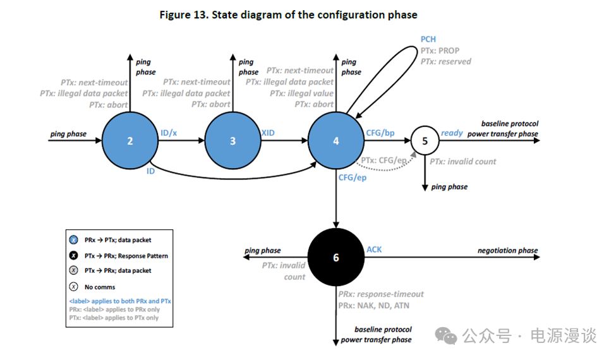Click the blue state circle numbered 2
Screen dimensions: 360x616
(x=130, y=141)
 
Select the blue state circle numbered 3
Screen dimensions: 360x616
(x=233, y=141)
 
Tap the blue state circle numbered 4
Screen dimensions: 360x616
(x=335, y=141)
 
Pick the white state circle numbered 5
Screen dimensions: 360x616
(x=425, y=141)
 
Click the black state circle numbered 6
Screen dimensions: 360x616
(x=335, y=257)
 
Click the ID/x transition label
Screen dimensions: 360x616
(x=169, y=133)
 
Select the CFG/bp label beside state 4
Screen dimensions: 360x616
(x=380, y=133)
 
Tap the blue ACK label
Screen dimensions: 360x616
(x=374, y=250)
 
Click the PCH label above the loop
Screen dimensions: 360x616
(x=428, y=39)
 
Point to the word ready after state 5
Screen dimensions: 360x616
(x=452, y=133)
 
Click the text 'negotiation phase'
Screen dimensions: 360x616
(x=507, y=251)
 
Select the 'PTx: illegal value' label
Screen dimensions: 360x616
(x=301, y=93)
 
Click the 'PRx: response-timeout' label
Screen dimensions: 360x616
(x=381, y=294)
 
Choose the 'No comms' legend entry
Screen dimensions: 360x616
(x=100, y=287)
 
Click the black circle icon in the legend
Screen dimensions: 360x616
(x=75, y=256)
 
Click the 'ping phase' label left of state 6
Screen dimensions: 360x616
(x=262, y=251)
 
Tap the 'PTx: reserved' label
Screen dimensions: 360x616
(x=446, y=62)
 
